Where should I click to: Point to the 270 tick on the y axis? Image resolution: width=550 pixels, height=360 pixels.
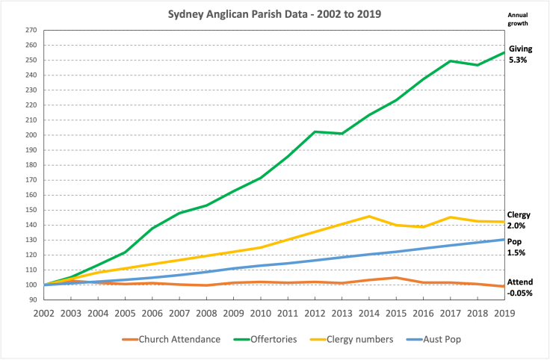point(31,30)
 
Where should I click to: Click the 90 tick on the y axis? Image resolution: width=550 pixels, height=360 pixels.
point(33,300)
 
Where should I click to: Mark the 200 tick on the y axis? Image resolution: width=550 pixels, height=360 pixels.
point(31,135)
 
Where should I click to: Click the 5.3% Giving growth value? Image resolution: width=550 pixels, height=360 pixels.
point(519,60)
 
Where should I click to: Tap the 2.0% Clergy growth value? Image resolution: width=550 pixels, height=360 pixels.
point(517,226)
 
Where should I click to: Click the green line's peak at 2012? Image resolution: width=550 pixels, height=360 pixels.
point(314,131)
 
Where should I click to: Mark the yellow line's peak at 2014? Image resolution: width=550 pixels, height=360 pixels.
point(368,216)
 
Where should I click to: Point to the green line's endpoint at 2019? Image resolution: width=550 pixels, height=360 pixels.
point(502,52)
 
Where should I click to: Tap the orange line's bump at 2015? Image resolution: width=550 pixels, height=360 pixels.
point(395,277)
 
